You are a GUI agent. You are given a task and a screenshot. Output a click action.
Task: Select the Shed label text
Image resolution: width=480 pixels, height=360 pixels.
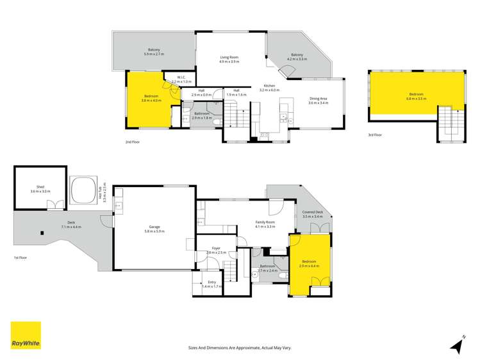40,189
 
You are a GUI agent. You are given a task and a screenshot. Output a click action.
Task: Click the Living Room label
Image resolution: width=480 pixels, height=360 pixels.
228,60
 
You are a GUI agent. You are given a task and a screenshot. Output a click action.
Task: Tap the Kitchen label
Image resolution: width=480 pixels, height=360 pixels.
269,88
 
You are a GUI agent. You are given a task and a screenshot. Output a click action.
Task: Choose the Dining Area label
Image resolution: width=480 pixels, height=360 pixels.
318,101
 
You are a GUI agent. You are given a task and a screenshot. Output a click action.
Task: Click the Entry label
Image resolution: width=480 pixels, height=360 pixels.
211,284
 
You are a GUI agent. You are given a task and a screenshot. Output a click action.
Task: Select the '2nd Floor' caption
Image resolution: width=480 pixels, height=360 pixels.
133,141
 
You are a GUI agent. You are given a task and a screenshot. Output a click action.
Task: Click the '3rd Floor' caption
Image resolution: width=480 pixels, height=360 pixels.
375,135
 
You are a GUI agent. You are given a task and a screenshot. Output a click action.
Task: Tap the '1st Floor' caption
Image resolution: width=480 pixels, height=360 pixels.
21,258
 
